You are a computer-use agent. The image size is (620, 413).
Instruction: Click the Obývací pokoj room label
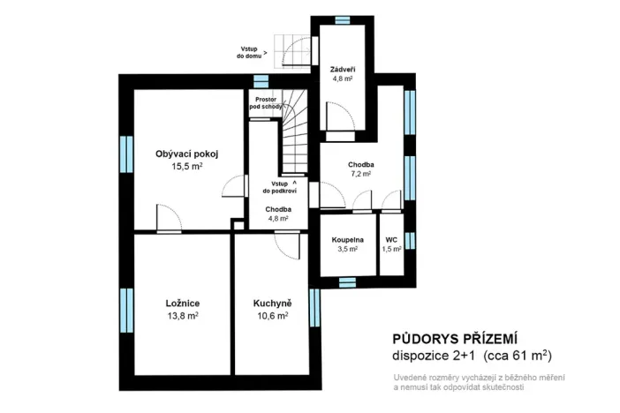(186, 154)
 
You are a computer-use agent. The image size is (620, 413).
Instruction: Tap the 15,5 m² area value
(186, 166)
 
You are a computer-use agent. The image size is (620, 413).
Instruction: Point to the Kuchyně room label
(272, 304)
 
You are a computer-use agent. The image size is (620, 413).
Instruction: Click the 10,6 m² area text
(272, 316)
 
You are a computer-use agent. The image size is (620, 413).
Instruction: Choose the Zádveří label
(342, 67)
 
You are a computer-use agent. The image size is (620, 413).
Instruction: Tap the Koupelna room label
(347, 240)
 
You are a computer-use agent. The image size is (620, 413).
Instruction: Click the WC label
(391, 240)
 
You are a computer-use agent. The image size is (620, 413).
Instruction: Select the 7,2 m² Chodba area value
(359, 175)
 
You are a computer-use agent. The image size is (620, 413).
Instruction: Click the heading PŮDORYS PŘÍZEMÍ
(454, 339)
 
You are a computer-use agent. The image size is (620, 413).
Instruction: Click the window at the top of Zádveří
(342, 19)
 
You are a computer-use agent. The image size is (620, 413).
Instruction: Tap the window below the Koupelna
(347, 282)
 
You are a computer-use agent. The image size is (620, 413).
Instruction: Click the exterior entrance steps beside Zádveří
(291, 49)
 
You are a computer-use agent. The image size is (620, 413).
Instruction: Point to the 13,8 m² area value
(182, 316)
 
